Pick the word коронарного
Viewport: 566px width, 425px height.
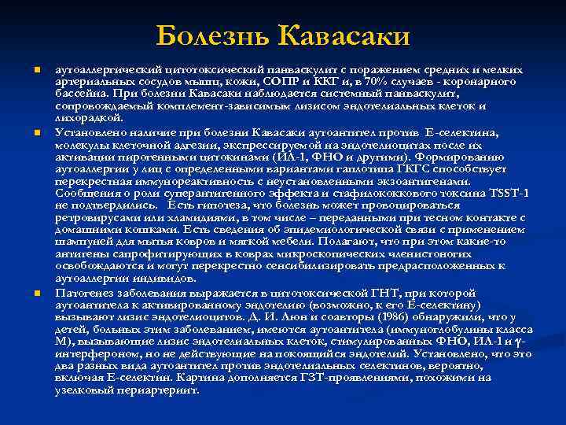point(478,83)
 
